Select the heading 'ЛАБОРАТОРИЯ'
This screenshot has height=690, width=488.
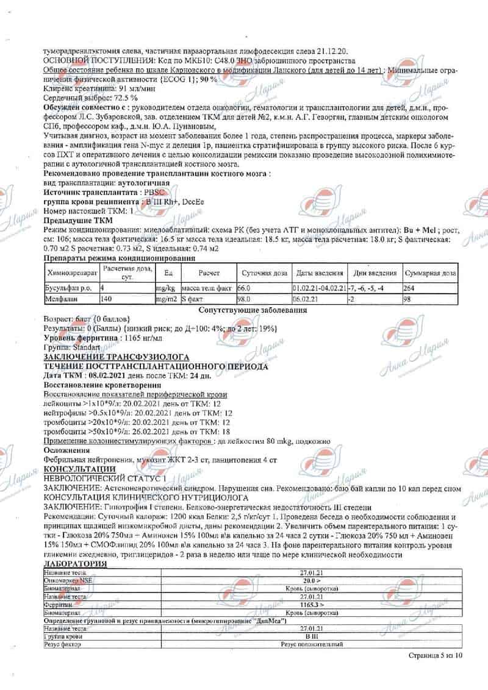point(75,564)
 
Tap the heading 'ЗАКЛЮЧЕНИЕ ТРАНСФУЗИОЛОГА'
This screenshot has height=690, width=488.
point(117,357)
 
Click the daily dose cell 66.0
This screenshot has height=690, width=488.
point(244,288)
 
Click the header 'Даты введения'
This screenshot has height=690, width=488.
point(318,273)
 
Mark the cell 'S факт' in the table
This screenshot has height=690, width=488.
point(196,299)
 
